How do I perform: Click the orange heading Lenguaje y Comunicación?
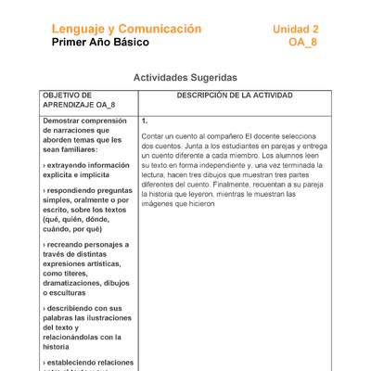pyautogui.click(x=126, y=30)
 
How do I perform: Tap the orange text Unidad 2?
pyautogui.click(x=296, y=30)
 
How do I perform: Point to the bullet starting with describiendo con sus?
pyautogui.click(x=84, y=308)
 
